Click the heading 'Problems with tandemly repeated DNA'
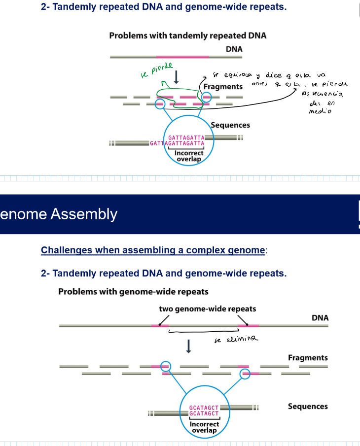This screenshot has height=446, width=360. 187,35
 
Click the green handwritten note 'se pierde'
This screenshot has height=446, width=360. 154,72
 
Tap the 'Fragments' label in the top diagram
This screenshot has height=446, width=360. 223,86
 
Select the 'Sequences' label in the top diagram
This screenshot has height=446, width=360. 230,125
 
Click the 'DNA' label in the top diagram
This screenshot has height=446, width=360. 234,49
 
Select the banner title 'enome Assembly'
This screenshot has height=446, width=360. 59,214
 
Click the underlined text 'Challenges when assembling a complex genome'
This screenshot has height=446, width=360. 153,250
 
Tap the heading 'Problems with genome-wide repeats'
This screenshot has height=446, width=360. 133,291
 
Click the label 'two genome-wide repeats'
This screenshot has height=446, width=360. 207,309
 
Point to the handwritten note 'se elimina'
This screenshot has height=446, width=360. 237,340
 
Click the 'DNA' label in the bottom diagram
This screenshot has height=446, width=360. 320,318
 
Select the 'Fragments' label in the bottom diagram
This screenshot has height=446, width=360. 308,357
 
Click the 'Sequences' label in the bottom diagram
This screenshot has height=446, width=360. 308,407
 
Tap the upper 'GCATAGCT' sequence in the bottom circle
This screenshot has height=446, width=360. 204,408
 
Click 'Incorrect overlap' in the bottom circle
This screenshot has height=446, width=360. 204,427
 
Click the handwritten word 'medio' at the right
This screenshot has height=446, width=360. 320,111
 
